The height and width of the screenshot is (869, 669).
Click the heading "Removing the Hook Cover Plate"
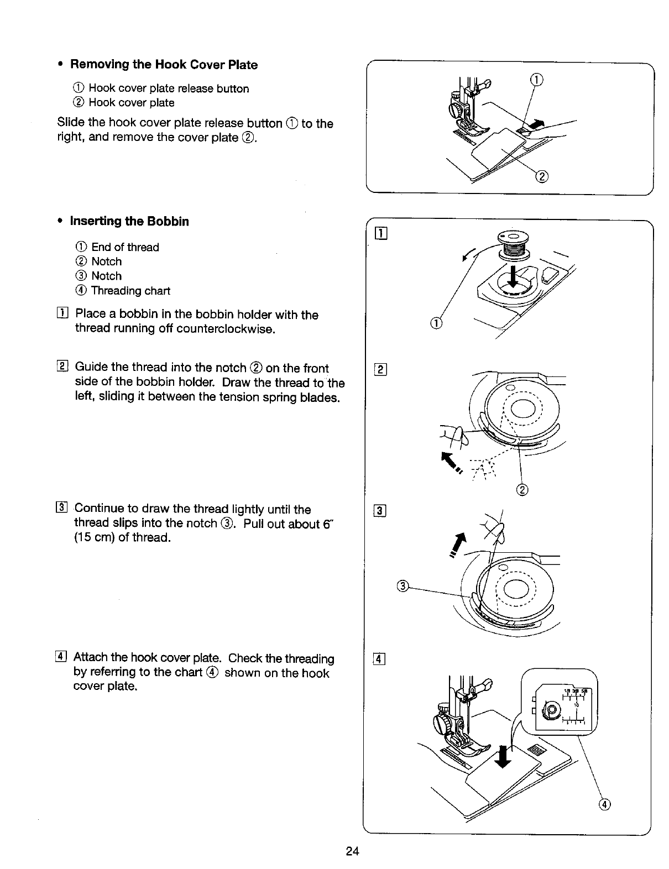click(164, 65)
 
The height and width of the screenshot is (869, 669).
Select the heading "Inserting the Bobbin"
click(129, 222)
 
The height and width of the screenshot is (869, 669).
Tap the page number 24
click(353, 851)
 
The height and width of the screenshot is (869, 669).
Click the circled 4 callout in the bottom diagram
click(604, 804)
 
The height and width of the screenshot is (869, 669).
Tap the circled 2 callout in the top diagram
click(542, 177)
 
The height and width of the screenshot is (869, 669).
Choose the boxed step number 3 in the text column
click(62, 509)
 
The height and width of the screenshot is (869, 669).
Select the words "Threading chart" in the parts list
click(130, 291)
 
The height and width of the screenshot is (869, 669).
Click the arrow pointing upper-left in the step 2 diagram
click(446, 457)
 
